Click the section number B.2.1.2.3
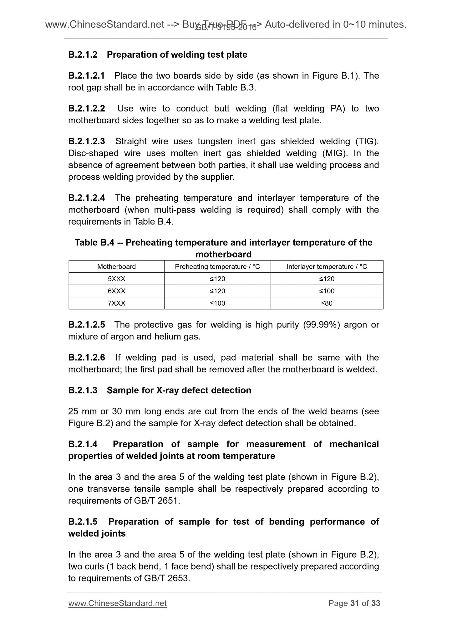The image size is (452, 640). (x=86, y=142)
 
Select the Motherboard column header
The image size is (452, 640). (x=116, y=266)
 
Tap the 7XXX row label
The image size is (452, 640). (x=116, y=303)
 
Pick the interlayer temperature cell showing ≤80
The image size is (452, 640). (x=327, y=303)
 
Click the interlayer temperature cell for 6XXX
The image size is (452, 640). (x=327, y=291)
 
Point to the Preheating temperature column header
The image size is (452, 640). (x=217, y=266)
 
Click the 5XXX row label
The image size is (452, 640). (x=116, y=279)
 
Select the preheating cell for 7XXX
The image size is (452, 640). (x=217, y=303)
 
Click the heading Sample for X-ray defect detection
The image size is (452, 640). (x=179, y=390)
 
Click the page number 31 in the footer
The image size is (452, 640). (x=354, y=603)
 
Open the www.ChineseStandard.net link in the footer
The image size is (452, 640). (x=117, y=603)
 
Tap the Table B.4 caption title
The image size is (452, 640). (x=223, y=248)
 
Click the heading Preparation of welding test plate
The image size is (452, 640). (x=177, y=55)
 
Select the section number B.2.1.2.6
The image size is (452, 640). (x=86, y=358)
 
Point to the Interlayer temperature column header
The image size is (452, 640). (x=327, y=266)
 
